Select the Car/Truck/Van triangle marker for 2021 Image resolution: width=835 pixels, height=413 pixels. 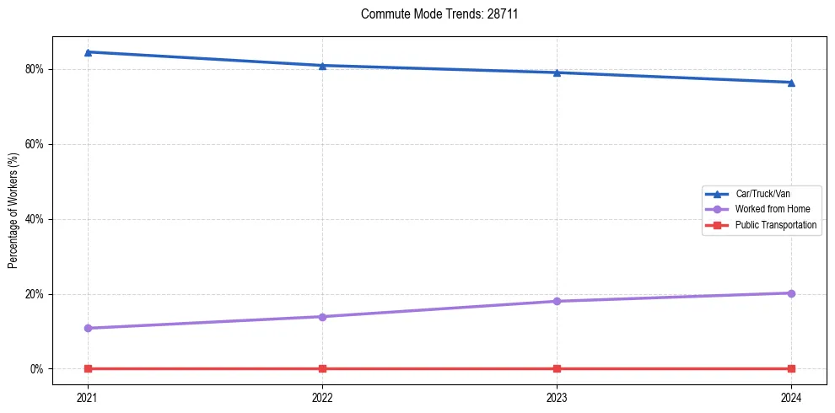[x=89, y=52]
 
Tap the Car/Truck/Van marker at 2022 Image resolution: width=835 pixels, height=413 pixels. [x=323, y=66]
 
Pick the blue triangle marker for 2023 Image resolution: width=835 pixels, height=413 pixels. [x=557, y=72]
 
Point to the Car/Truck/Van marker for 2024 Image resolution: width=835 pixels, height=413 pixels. [x=791, y=83]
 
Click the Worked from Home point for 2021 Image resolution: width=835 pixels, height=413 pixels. [x=89, y=328]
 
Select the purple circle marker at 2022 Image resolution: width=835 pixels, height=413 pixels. [x=323, y=317]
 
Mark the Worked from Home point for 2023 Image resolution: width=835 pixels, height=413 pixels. [x=557, y=301]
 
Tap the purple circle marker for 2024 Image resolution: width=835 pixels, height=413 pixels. [x=791, y=293]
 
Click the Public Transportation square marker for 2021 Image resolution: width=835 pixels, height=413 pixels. [x=89, y=368]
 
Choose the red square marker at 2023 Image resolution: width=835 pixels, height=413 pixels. [x=557, y=368]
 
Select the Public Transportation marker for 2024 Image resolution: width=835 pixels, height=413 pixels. [x=791, y=368]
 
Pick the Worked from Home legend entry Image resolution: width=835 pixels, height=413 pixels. [x=768, y=209]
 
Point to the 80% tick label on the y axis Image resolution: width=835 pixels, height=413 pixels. [x=35, y=69]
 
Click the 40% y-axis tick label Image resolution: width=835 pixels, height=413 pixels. [x=35, y=219]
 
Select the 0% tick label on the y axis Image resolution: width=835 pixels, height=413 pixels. [x=38, y=369]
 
